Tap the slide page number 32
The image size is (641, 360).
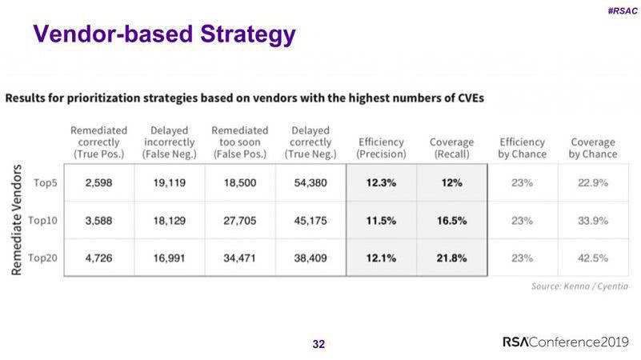click(318, 344)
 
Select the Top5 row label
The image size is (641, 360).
click(45, 182)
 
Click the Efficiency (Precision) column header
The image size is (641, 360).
click(381, 148)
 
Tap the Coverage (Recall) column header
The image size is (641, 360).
click(451, 148)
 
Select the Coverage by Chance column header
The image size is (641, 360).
click(593, 148)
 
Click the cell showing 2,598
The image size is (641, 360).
click(98, 182)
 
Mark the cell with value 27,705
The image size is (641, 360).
click(239, 220)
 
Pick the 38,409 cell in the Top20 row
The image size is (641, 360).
click(310, 258)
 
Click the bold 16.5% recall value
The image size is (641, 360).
click(451, 220)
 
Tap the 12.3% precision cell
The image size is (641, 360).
click(381, 182)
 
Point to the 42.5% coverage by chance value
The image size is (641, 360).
click(593, 258)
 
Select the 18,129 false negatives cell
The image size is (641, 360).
click(169, 220)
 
